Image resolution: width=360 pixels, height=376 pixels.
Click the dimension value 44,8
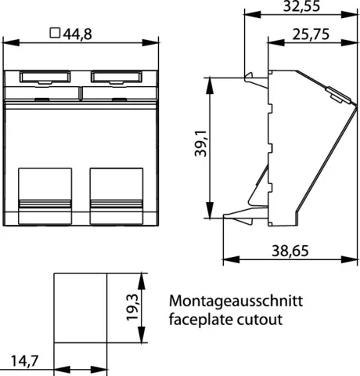click(x=77, y=34)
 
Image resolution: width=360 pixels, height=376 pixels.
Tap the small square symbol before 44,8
click(x=55, y=33)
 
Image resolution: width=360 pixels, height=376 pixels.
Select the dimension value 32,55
click(x=301, y=6)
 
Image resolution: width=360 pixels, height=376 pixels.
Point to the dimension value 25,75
click(x=311, y=34)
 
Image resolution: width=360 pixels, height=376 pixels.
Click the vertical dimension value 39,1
click(x=200, y=143)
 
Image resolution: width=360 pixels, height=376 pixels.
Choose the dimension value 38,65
click(x=290, y=251)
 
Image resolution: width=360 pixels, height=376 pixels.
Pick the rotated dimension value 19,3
click(x=132, y=307)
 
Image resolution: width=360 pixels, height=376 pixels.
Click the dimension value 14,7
click(x=24, y=361)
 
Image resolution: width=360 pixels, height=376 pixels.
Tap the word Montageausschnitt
click(x=236, y=301)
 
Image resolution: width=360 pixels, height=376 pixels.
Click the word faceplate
click(x=200, y=320)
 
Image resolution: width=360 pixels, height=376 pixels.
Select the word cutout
click(x=260, y=320)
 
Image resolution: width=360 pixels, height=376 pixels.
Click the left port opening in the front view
click(x=45, y=196)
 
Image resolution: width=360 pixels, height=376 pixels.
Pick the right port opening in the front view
click(x=117, y=196)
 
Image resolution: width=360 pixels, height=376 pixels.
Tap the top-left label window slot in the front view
click(x=45, y=77)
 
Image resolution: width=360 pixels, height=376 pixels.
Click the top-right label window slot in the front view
click(x=117, y=77)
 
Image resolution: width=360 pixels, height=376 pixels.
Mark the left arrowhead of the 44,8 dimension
click(x=11, y=43)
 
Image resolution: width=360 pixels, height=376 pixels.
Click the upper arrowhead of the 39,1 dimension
click(x=210, y=85)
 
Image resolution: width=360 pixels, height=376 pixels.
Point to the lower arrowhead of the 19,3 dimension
click(x=141, y=334)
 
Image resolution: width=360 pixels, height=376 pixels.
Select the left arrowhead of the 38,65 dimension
click(x=231, y=259)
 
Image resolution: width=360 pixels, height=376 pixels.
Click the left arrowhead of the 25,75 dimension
click(x=276, y=42)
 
